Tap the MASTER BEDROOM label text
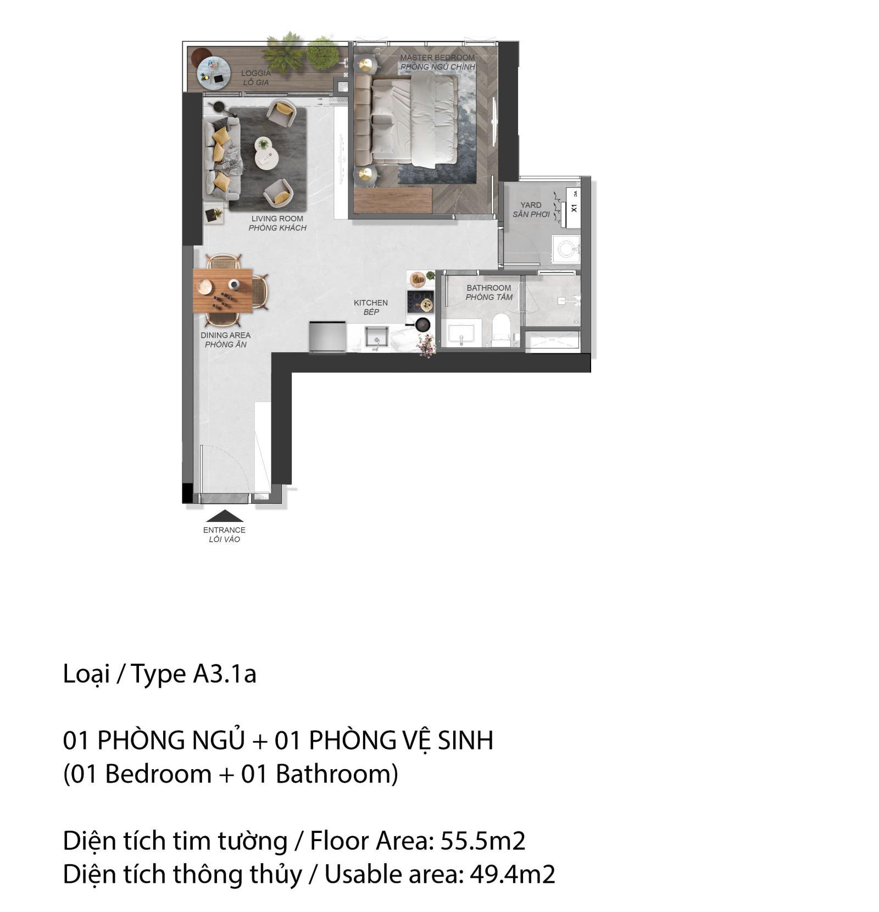coord(437,58)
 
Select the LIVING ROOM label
coord(277,219)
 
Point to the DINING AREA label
coord(225,335)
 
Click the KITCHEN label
coord(371,303)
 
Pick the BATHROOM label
coord(488,288)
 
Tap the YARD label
coord(531,205)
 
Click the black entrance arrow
coord(224,516)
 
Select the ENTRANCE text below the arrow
coord(224,530)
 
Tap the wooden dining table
coord(223,290)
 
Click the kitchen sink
coord(377,336)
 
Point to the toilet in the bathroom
coord(500,329)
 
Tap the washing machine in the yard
coord(566,249)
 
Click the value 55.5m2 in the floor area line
coord(483,841)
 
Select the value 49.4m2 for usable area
coord(512,874)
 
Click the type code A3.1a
coord(224,674)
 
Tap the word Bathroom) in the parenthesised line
coord(337,774)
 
